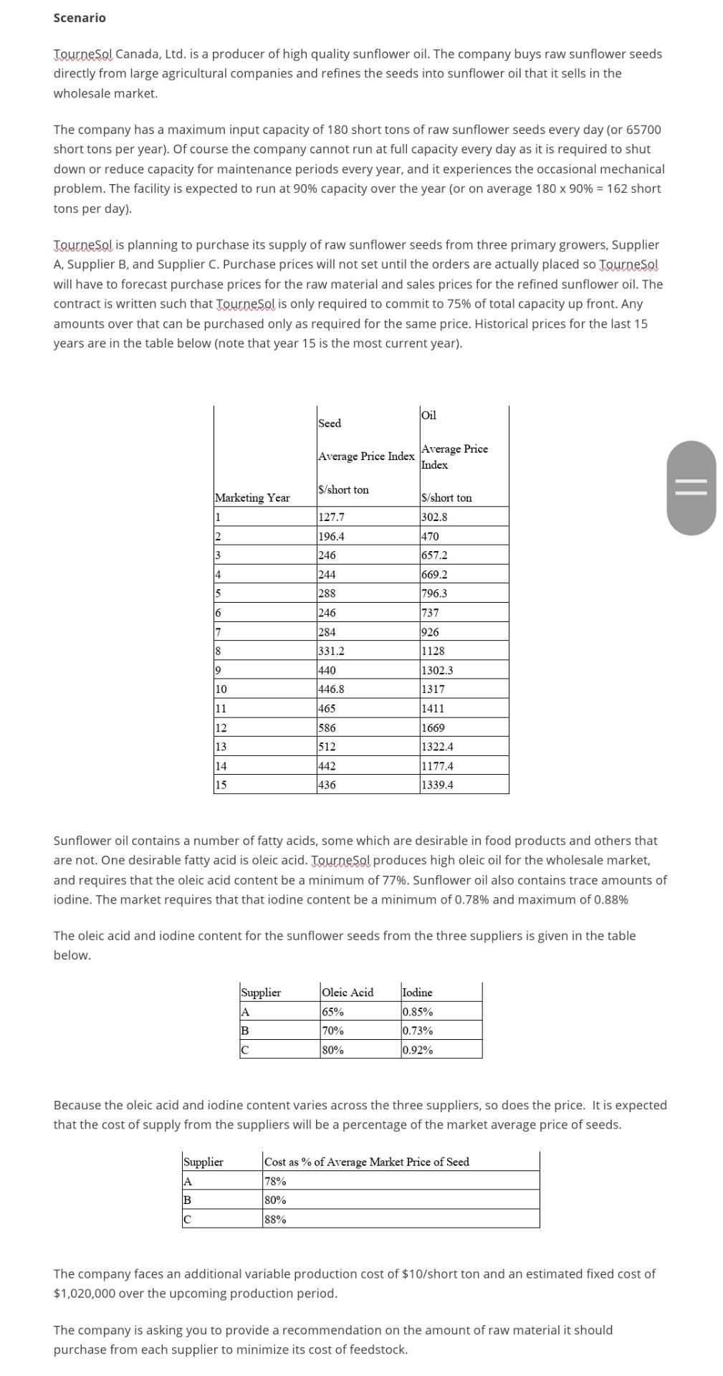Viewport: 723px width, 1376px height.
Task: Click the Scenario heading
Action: point(80,18)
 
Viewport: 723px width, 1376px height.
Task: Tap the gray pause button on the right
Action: point(691,488)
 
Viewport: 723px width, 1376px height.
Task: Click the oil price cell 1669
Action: point(433,727)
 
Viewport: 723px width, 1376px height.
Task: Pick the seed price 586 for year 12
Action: point(327,727)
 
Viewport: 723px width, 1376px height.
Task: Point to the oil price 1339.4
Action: point(437,785)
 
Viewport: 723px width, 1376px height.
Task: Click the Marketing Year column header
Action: point(252,497)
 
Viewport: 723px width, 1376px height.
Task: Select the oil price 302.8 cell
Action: point(435,517)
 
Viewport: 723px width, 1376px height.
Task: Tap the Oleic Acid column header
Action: point(348,993)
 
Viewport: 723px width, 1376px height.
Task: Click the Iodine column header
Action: point(417,993)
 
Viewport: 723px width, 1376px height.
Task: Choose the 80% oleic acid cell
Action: point(333,1050)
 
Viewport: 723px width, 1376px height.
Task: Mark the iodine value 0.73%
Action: point(417,1031)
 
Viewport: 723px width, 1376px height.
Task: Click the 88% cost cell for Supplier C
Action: point(276,1219)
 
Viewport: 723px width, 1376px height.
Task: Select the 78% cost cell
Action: point(276,1181)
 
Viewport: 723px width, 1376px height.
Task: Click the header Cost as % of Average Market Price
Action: point(366,1162)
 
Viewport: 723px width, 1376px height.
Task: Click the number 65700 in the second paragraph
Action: point(643,130)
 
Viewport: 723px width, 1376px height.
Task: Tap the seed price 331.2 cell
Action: point(331,651)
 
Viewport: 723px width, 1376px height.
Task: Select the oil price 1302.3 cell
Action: point(437,670)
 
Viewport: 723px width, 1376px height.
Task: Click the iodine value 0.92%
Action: point(417,1050)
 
